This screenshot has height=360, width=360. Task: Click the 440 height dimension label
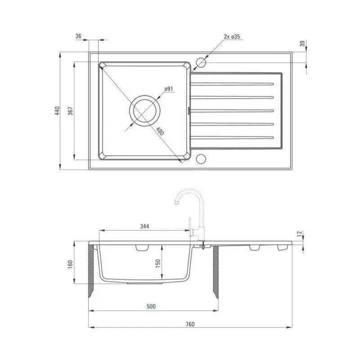tap(57, 111)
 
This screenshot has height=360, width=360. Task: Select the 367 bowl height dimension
tap(71, 111)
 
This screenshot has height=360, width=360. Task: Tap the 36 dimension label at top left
tap(78, 36)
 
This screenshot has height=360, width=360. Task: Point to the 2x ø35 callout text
tap(232, 36)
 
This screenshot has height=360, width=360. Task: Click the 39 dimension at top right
tap(303, 43)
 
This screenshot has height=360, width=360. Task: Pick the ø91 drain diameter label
tap(169, 89)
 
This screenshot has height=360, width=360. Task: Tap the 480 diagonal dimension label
tap(160, 131)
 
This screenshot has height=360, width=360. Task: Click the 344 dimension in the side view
tap(144, 226)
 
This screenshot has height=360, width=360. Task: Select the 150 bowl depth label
tap(158, 264)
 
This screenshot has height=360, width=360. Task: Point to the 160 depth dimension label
tap(70, 264)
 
